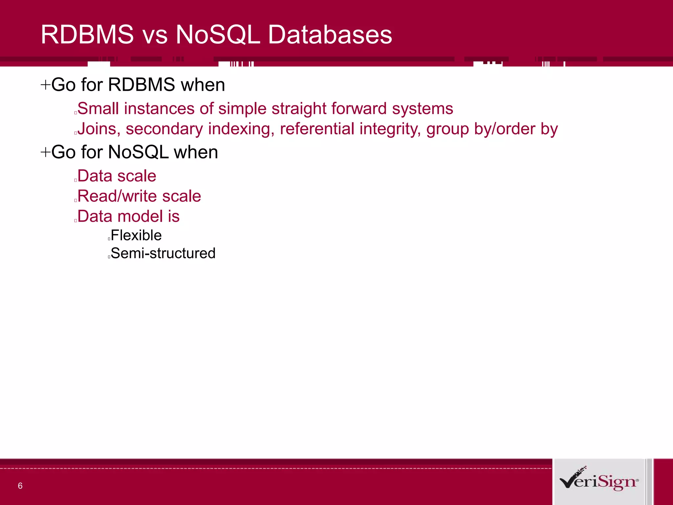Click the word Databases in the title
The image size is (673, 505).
click(330, 35)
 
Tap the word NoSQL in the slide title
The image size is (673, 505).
click(218, 35)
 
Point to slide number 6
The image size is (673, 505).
click(20, 486)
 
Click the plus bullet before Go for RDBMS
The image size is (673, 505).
click(45, 85)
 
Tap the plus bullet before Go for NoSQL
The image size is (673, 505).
click(45, 153)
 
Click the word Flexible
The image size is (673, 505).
click(136, 235)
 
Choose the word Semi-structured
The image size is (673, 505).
click(163, 253)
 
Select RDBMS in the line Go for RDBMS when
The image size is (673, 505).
click(141, 85)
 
